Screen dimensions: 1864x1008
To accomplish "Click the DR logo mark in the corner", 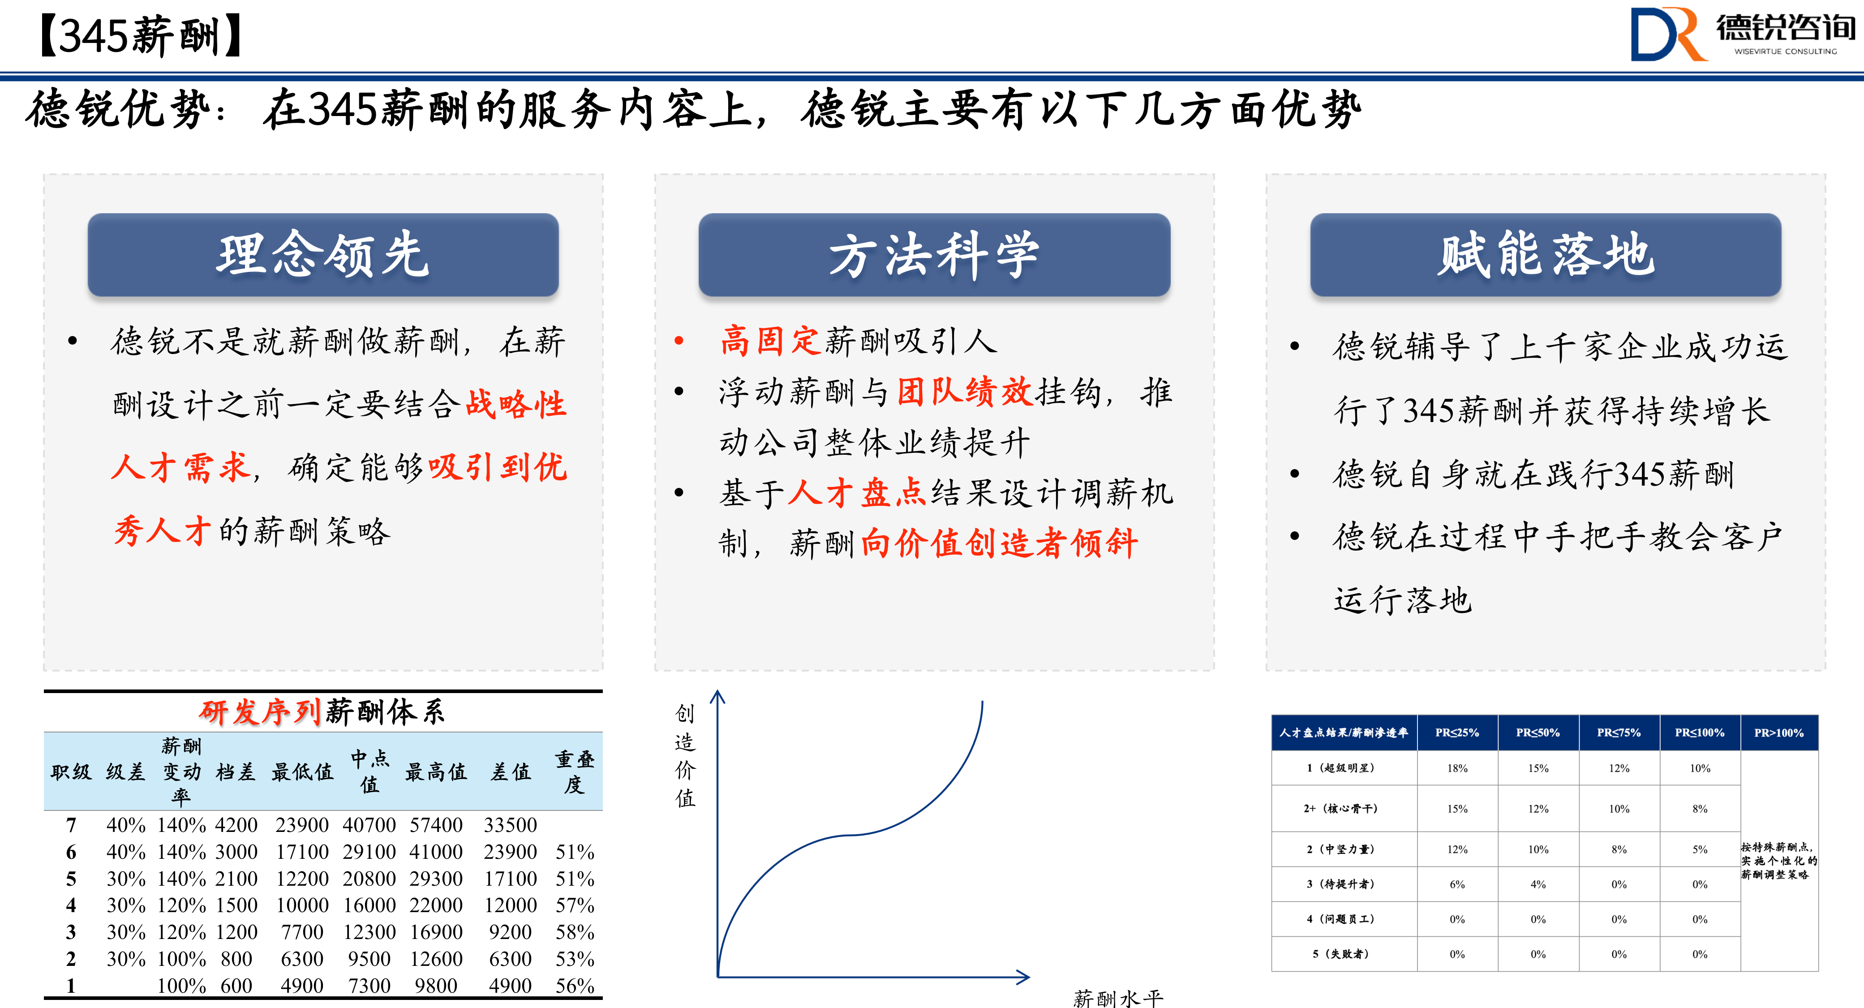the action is [1668, 34].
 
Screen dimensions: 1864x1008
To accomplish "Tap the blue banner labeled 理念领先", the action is [323, 255].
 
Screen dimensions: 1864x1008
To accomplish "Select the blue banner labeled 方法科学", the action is [934, 255].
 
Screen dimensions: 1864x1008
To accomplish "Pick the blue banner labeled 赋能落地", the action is [1546, 255].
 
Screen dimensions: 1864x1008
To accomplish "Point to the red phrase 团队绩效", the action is [965, 392].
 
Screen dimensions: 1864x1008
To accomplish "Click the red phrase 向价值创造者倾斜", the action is [999, 543].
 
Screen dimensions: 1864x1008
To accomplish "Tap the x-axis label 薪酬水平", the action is [1118, 998].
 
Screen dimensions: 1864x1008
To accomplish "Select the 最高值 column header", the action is [436, 772].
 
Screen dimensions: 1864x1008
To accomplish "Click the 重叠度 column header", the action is [575, 771].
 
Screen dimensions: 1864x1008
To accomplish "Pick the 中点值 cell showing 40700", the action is [369, 825].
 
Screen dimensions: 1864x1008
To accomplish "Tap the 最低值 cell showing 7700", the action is [302, 932].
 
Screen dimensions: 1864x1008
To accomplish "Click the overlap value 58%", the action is [575, 932].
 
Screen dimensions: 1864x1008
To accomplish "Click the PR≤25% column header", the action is [1457, 732].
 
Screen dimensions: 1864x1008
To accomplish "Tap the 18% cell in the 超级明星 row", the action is [1457, 768].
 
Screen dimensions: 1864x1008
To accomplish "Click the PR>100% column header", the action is [1778, 732].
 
